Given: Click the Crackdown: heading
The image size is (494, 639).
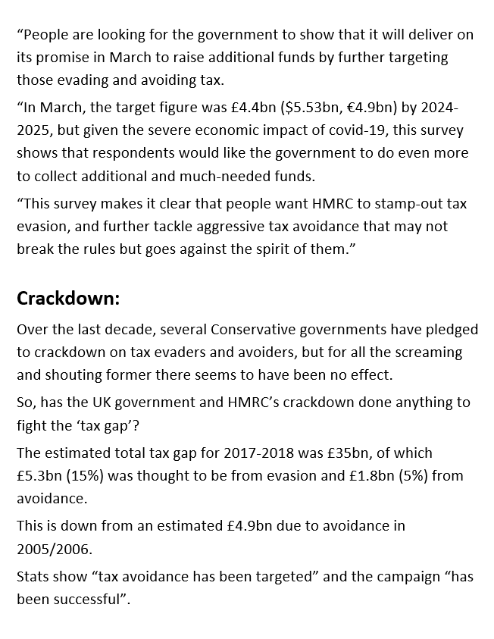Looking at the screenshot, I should pyautogui.click(x=68, y=298).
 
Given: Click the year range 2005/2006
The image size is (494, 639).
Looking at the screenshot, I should pyautogui.click(x=50, y=546).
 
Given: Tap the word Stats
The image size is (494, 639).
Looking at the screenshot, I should pyautogui.click(x=33, y=577).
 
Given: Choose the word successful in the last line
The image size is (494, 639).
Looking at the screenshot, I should pyautogui.click(x=89, y=599).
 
